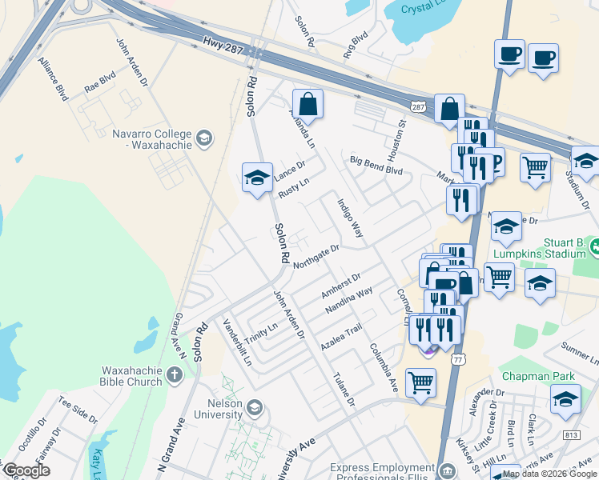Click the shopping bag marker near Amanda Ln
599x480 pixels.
point(308,105)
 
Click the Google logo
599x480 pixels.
point(27,470)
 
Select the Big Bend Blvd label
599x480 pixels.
point(376,165)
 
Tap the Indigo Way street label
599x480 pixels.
point(350,218)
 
